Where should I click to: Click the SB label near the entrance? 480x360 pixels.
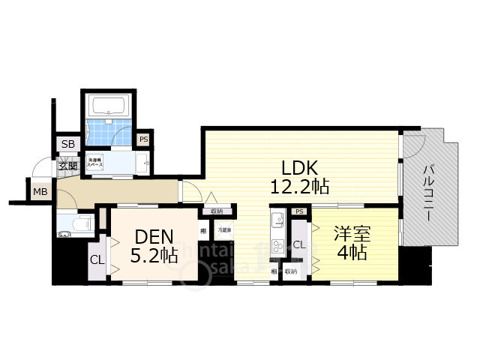67,145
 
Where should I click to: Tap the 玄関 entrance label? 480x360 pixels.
68,166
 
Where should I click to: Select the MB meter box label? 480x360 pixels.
40,192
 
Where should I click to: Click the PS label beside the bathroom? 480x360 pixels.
142,139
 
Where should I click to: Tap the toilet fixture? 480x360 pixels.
75,223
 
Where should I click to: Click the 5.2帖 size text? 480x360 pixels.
154,256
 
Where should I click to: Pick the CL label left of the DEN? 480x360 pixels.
97,260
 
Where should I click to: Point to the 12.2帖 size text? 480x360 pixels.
300,186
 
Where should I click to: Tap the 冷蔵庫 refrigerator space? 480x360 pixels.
224,231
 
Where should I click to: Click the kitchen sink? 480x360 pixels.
274,222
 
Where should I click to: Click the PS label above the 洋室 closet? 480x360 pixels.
299,211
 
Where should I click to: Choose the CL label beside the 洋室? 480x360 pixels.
298,244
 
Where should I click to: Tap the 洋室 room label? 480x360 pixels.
350,233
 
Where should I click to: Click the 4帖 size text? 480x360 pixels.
351,253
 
